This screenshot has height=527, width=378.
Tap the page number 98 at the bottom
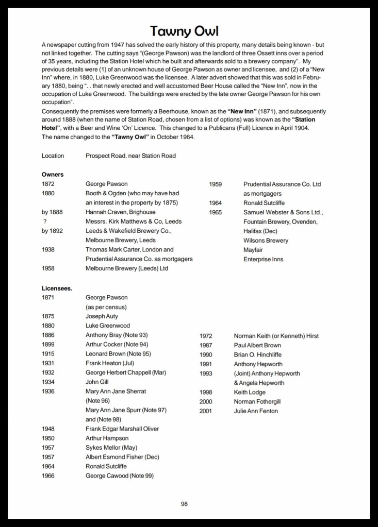(184, 504)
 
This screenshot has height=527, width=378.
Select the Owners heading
(53, 174)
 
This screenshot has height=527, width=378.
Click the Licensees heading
(57, 288)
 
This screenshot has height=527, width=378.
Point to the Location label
(53, 156)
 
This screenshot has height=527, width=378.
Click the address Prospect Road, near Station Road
(130, 156)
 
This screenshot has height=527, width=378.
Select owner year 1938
(49, 249)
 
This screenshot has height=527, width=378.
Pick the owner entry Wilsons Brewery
(266, 240)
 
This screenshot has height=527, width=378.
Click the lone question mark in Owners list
(45, 221)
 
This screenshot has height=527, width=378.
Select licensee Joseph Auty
(102, 316)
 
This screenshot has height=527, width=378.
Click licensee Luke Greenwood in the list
(108, 326)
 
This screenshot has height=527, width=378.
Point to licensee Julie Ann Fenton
(256, 411)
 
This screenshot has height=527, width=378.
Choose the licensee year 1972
(206, 335)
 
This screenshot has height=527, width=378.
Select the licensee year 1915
(49, 354)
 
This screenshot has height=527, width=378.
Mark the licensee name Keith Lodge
(250, 392)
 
